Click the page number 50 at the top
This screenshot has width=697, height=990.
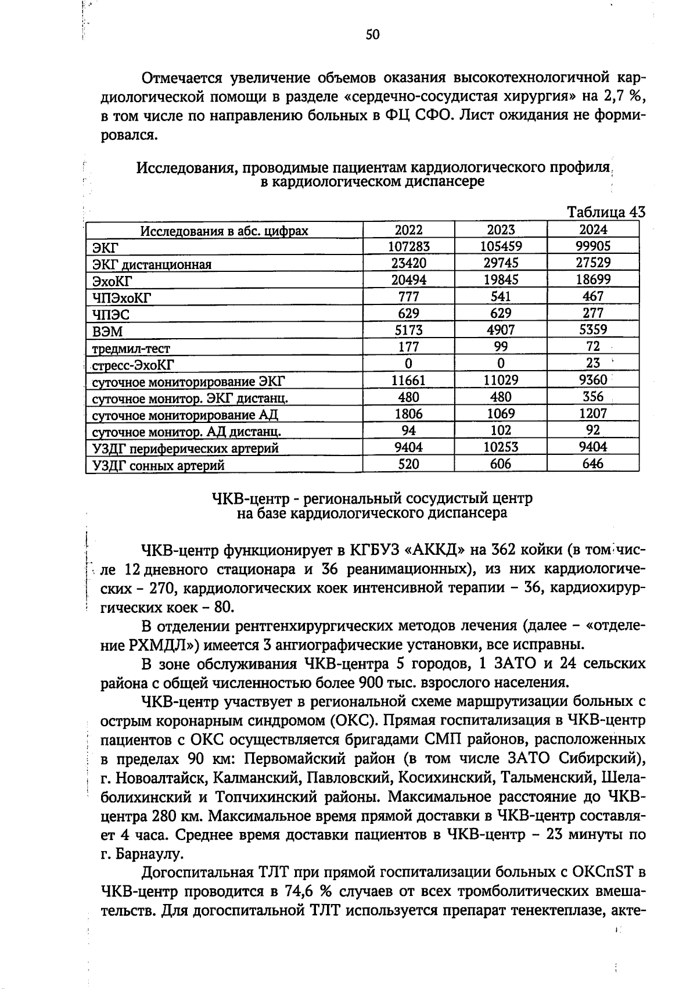(372, 35)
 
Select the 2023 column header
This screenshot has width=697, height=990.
(501, 229)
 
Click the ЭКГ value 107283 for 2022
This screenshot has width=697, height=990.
(409, 246)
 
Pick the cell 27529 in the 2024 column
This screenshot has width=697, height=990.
(593, 263)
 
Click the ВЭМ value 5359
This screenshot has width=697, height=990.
(593, 330)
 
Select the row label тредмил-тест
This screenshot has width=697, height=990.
(131, 349)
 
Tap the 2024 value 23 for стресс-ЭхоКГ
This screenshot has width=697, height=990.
(593, 364)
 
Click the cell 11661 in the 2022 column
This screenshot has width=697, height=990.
(409, 381)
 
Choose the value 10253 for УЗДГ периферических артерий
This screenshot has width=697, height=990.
(501, 447)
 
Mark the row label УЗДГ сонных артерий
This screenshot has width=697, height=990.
(158, 465)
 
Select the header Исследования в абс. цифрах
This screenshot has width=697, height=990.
(224, 231)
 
